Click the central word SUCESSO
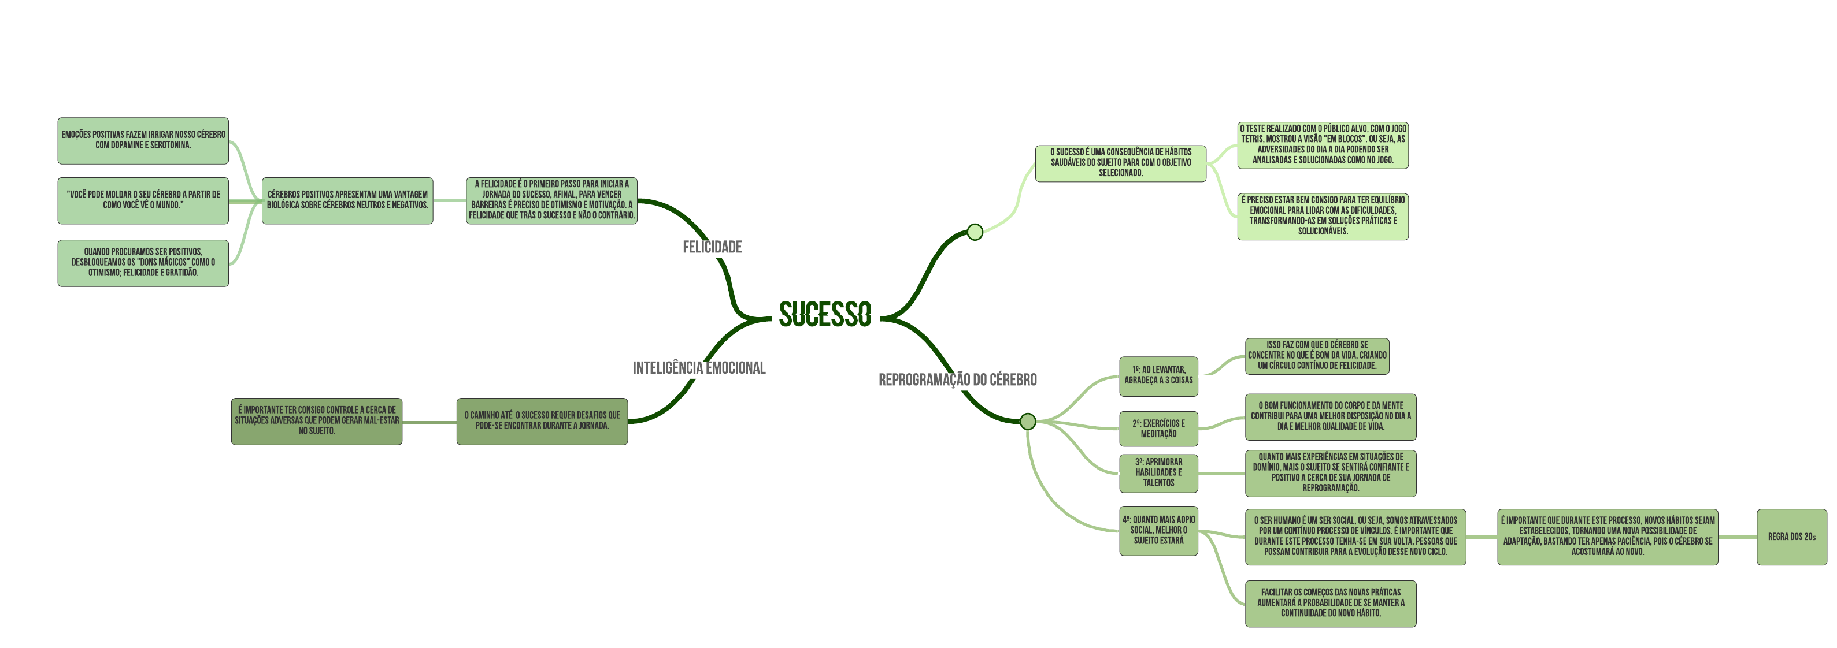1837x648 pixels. pos(824,314)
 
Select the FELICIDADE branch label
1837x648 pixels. pos(712,247)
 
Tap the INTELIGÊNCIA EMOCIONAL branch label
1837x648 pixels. pos(699,368)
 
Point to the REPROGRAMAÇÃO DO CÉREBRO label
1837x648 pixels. pos(957,380)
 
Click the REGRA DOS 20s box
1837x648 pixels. pos(1791,537)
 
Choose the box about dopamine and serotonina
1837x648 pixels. pos(143,140)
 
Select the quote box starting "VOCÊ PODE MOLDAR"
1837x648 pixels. pos(143,200)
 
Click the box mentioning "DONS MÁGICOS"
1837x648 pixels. pos(143,262)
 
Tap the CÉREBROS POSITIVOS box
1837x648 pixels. pos(347,200)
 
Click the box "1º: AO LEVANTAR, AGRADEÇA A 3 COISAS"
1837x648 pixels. pos(1158,375)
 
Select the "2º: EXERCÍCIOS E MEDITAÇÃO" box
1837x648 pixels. pos(1158,429)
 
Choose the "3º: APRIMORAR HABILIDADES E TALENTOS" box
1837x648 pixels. pos(1158,472)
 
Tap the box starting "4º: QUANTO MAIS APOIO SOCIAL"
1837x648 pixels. pos(1158,530)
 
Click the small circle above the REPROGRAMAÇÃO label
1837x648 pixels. pos(975,232)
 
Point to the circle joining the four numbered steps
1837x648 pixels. pos(1028,421)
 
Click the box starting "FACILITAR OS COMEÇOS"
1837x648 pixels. pos(1330,603)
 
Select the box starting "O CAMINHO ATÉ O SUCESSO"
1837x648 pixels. pos(542,420)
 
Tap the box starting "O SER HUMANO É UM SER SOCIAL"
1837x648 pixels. pos(1355,537)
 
